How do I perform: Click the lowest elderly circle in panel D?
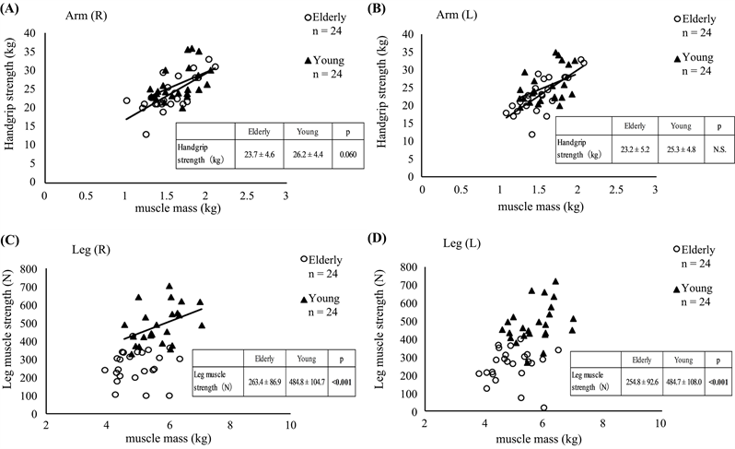[543, 408]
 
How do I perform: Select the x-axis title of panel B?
[539, 208]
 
